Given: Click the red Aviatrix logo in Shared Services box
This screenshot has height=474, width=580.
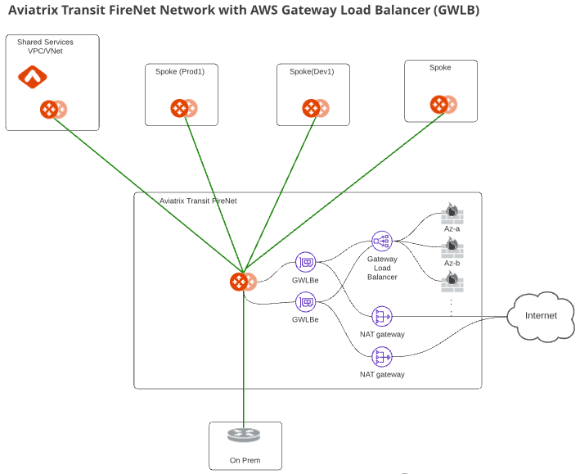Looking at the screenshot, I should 33,78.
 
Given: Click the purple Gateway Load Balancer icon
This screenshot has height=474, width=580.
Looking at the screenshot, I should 382,241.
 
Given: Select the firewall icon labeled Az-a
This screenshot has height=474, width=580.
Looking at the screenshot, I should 452,214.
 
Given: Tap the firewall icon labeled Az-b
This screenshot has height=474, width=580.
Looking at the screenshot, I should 452,248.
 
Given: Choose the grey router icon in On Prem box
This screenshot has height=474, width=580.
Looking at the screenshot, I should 244,436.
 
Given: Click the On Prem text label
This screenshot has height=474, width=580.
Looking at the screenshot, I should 245,460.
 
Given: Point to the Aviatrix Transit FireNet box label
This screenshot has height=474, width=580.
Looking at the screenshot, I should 198,201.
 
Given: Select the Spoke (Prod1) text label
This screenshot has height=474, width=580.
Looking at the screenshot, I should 180,71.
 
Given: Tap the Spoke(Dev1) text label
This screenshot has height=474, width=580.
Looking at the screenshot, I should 312,71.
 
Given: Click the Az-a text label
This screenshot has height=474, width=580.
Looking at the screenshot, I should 452,229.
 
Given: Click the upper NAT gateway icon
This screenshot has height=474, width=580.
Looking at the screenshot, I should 382,316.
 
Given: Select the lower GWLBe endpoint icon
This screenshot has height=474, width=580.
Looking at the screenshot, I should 306,302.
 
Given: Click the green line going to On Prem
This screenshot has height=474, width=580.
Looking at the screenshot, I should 244,368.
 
